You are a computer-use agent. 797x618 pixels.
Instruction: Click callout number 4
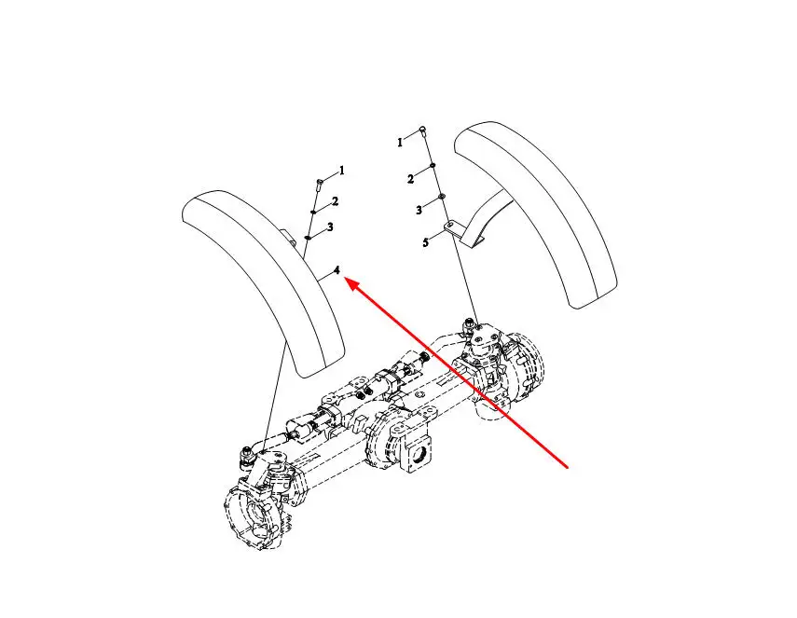click(x=337, y=271)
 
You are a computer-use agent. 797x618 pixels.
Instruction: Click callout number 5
click(x=425, y=242)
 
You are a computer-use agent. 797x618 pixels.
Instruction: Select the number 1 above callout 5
click(x=400, y=143)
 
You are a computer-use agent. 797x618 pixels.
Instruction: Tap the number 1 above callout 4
click(x=341, y=171)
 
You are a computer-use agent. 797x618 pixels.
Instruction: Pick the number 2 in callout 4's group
click(x=335, y=201)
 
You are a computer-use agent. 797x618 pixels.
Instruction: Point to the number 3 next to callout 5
click(x=419, y=210)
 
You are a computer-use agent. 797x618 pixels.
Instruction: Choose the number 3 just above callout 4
click(x=330, y=227)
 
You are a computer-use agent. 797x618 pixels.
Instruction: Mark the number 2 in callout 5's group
click(x=410, y=179)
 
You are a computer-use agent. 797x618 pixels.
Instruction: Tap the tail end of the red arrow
click(x=568, y=467)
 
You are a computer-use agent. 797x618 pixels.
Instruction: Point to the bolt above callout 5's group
click(x=423, y=131)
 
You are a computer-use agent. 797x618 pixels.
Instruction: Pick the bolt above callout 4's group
click(x=319, y=184)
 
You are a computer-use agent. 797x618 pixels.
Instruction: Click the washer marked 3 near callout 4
click(x=309, y=237)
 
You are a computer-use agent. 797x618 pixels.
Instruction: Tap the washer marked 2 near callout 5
click(x=432, y=165)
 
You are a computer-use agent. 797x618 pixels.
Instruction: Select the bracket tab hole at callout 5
click(x=450, y=224)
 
